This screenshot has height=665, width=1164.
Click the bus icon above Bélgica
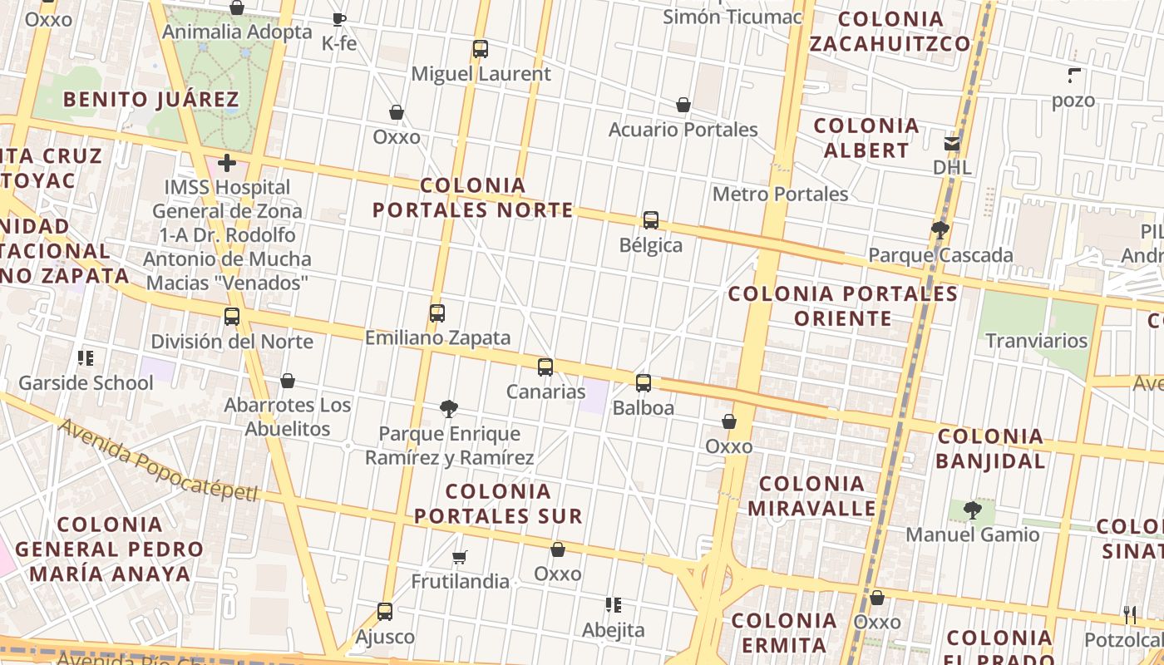[651, 220]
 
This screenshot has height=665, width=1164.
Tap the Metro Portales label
[780, 195]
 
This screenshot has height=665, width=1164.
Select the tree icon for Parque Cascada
[940, 229]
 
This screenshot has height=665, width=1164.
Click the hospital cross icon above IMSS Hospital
[226, 163]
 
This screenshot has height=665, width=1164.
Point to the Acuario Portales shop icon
[683, 105]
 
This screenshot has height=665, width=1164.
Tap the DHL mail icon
[952, 143]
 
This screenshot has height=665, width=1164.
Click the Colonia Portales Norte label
[472, 198]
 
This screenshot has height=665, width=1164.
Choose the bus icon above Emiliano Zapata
[437, 313]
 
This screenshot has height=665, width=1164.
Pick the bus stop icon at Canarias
[545, 367]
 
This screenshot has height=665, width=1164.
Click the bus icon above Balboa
[644, 383]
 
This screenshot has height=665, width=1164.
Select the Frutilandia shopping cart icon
[460, 557]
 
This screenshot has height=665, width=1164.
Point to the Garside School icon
[85, 358]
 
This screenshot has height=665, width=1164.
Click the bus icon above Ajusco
[384, 612]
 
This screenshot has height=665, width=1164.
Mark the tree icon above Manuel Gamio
[972, 510]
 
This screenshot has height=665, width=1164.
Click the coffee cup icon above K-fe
[338, 19]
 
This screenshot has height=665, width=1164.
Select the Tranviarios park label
[1036, 341]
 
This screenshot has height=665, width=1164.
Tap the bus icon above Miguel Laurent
[481, 49]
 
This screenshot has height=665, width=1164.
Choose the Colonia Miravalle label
[811, 495]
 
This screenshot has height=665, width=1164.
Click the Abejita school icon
[614, 605]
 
